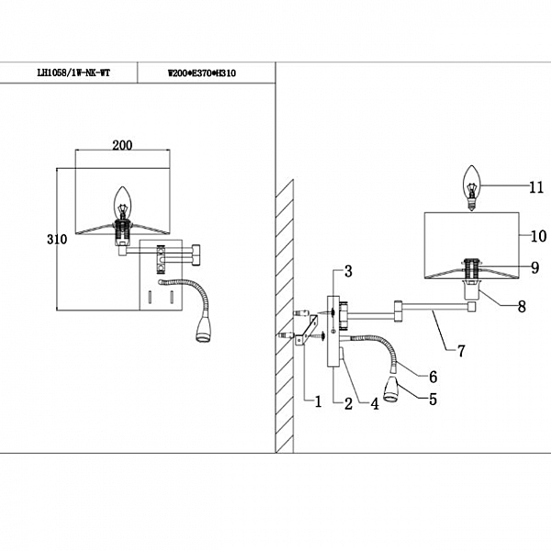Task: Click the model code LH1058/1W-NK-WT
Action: coord(71,71)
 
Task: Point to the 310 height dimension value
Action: coord(57,239)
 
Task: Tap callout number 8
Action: coord(522,306)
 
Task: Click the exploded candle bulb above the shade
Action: coord(473,187)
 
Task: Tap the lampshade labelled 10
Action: coord(471,243)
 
